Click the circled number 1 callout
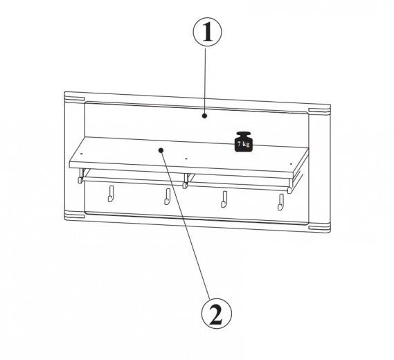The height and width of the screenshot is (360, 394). point(207,32)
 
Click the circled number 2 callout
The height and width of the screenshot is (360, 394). point(216,314)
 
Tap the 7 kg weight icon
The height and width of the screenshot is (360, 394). point(244,142)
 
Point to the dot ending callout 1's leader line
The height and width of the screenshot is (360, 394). point(205,116)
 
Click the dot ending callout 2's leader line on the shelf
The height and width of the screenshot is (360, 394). point(161,150)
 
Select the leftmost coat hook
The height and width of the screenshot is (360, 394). point(111,194)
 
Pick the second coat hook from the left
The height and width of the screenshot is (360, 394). point(168,197)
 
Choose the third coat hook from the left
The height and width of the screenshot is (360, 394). point(224,199)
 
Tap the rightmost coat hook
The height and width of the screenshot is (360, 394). point(280,202)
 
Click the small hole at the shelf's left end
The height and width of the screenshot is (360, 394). point(82,153)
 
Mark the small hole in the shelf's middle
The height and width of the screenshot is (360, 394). point(186,159)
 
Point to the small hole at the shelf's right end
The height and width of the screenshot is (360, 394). point(292,164)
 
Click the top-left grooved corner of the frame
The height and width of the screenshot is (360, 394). point(74,98)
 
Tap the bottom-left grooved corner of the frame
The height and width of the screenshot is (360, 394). point(74,215)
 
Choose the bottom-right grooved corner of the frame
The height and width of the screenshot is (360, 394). point(320,228)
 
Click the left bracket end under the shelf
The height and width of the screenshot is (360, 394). point(80,176)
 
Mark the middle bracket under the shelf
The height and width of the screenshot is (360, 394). point(186,181)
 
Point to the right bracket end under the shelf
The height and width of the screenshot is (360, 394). point(291,186)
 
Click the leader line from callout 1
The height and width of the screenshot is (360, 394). point(205,80)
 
